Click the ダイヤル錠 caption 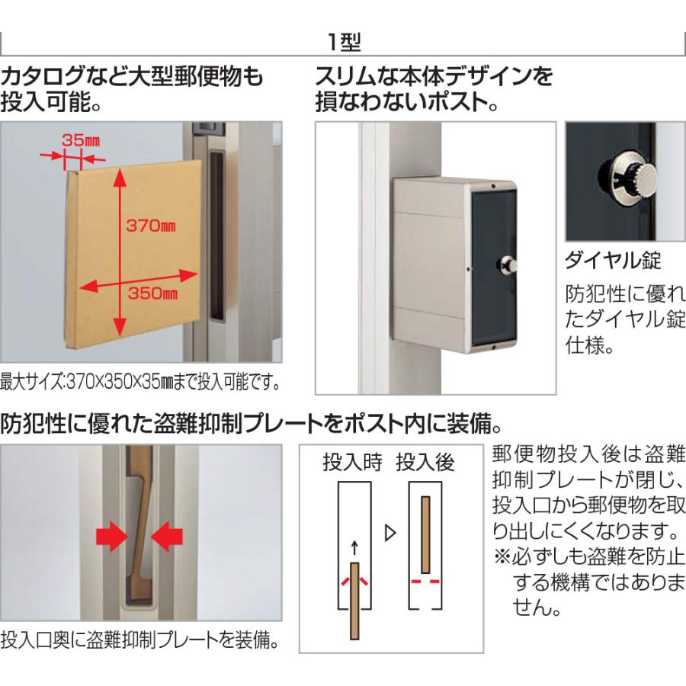612,261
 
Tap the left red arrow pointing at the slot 112,537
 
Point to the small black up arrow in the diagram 353,547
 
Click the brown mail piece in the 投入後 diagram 425,534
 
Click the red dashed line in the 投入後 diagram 425,581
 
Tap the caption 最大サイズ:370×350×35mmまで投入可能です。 139,379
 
